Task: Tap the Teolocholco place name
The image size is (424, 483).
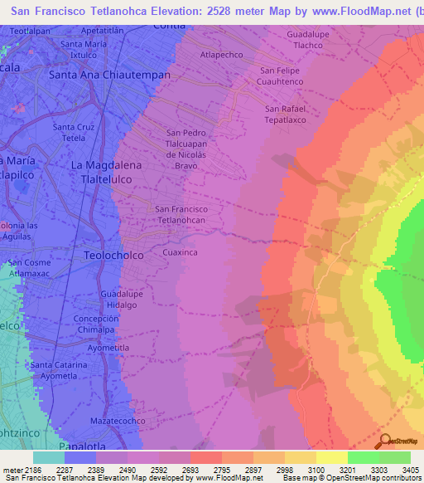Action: (113, 256)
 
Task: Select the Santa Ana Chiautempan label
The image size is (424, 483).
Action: (110, 74)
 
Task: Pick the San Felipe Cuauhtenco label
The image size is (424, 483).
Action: (282, 76)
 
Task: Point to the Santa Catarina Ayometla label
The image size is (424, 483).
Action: (59, 370)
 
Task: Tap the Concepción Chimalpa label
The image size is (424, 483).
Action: (97, 324)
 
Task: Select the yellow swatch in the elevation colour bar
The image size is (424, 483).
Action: (331, 457)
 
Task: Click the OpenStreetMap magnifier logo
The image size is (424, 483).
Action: (384, 441)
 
